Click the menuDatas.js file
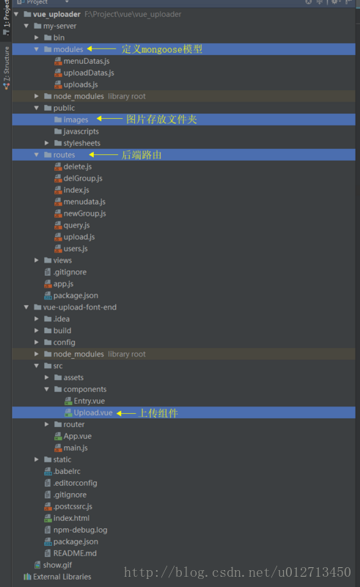(86, 61)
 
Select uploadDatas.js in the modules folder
(88, 73)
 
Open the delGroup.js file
(83, 178)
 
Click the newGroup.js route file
(84, 214)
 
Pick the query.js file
(76, 225)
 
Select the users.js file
(76, 249)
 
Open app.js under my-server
(63, 283)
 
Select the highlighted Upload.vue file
(93, 413)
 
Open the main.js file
(76, 448)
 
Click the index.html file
(71, 518)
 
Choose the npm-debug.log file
(80, 530)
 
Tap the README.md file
(75, 553)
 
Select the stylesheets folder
(81, 143)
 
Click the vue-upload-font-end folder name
(79, 307)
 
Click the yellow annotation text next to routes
(141, 155)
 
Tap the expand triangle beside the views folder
(37, 260)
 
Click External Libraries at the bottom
(62, 577)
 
